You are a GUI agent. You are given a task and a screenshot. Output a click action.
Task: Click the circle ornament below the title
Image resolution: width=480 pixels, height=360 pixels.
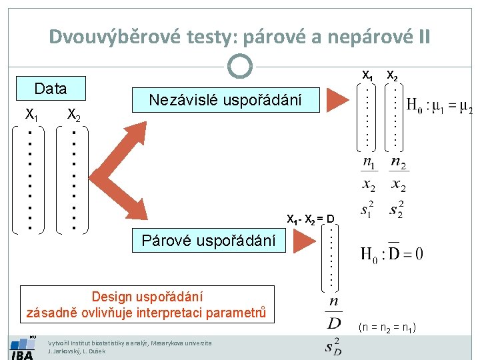tap(239, 66)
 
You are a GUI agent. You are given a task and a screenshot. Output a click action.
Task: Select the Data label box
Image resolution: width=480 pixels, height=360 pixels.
tap(51, 89)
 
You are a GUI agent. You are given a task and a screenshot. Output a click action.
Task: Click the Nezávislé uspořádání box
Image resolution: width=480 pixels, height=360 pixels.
tap(225, 100)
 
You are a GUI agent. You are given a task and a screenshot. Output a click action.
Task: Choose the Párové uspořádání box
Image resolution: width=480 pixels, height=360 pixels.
tap(208, 241)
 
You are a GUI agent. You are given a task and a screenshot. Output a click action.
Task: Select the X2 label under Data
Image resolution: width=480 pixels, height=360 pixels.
tap(74, 117)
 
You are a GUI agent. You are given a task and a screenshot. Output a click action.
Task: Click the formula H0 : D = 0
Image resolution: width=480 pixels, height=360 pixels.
tap(391, 254)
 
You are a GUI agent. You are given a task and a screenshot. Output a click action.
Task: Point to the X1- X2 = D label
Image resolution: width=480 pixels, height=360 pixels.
tap(311, 219)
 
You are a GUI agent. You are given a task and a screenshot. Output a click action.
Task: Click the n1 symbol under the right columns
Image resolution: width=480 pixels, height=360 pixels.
tap(369, 162)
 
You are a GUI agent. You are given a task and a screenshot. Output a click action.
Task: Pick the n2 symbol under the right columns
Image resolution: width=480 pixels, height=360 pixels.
tap(397, 162)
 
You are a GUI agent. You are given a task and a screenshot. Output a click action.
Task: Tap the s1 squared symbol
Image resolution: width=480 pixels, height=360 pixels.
tap(367, 210)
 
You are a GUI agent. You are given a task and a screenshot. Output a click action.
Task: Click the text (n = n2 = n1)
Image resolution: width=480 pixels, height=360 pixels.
tap(387, 327)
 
